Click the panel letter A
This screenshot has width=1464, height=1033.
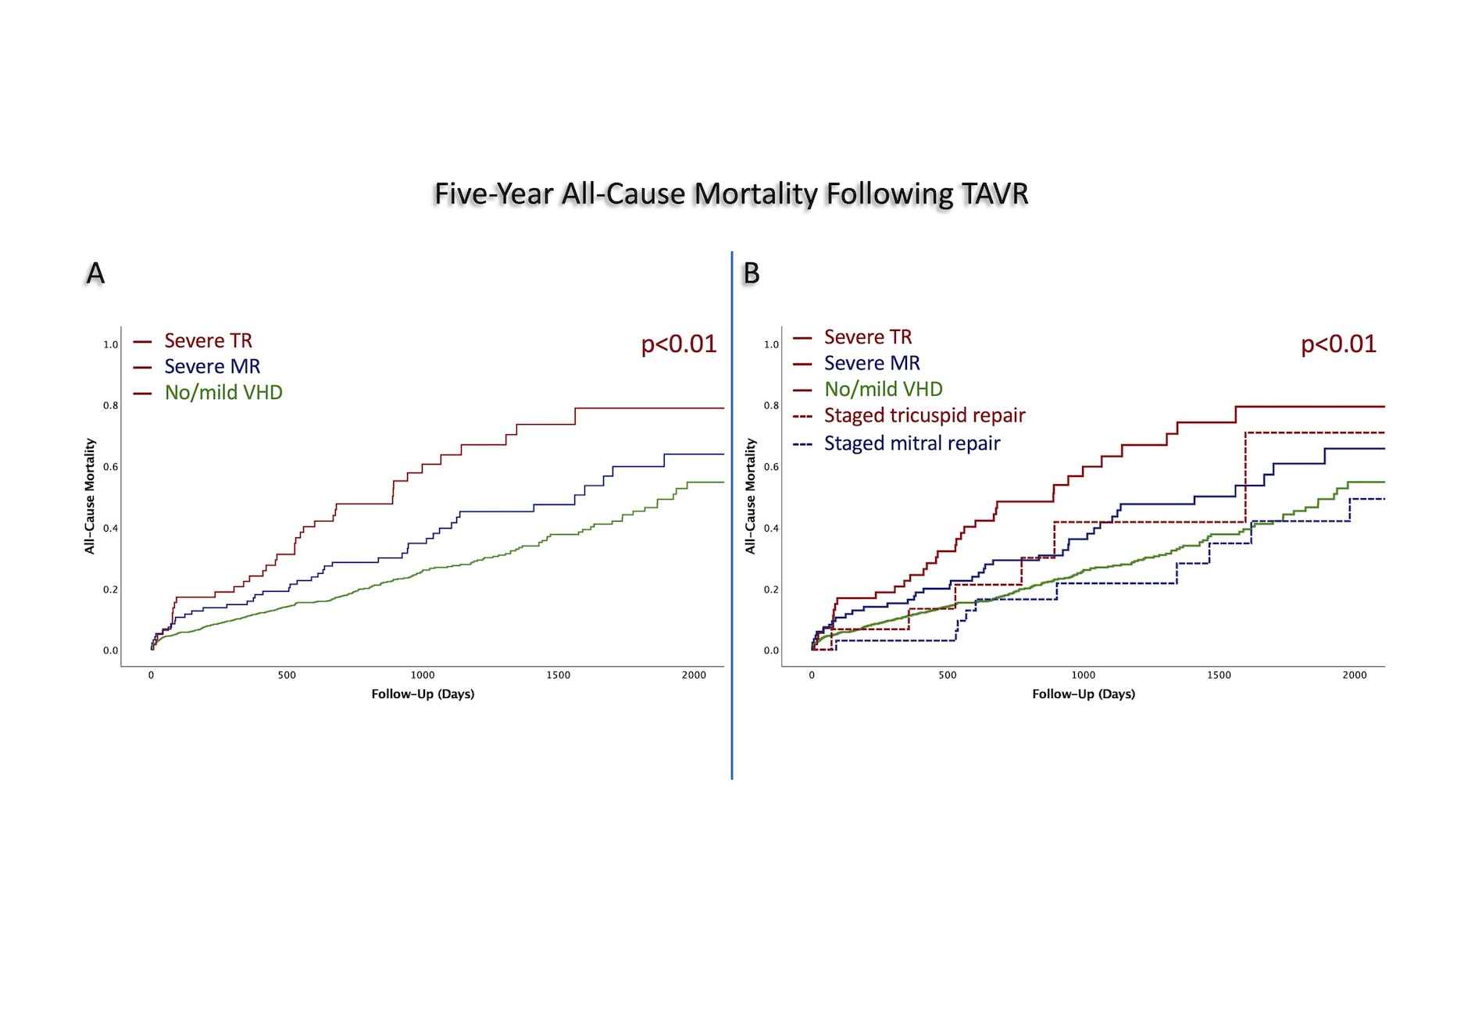pos(95,273)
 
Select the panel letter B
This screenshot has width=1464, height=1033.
pos(752,273)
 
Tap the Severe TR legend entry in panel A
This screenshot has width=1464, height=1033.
pos(208,341)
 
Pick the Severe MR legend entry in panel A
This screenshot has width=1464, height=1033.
pos(212,367)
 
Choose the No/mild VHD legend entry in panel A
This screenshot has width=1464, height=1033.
pos(223,393)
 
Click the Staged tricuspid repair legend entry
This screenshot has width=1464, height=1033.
pos(924,415)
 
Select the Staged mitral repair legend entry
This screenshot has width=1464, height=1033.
pos(912,443)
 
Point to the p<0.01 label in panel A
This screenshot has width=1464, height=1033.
pos(678,344)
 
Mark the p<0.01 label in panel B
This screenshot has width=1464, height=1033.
pos(1338,344)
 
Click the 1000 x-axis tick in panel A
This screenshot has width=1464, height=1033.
pos(423,675)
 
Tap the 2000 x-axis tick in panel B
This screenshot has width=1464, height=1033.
pos(1355,675)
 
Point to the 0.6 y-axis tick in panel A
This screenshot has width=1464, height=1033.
pos(111,467)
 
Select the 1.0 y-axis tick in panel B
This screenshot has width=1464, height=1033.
pos(771,344)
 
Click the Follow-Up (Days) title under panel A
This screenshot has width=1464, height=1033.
pos(423,694)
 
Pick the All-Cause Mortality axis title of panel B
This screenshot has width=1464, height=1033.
pos(751,496)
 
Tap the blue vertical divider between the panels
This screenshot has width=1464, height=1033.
pos(732,515)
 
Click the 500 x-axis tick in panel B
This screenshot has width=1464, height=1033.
pos(948,675)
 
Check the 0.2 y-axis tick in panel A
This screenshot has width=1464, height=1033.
pos(111,590)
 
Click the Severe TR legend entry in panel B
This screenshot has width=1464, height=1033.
pos(868,337)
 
